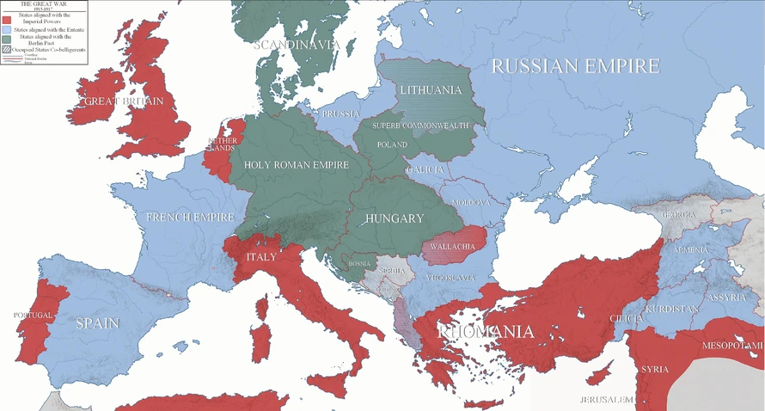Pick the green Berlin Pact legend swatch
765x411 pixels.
(x=6, y=40)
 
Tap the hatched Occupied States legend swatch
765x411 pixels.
(x=6, y=50)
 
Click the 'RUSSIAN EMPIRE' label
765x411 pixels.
(x=575, y=66)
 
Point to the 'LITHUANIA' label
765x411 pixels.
(x=430, y=90)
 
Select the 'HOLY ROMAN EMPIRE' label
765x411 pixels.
(x=296, y=164)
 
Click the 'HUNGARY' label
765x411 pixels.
(x=395, y=218)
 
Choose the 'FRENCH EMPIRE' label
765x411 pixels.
(x=190, y=218)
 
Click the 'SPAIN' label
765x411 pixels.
(x=97, y=323)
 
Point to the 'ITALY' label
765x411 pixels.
(x=261, y=257)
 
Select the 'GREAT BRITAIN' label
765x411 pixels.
(x=125, y=101)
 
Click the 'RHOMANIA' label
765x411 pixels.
(x=486, y=332)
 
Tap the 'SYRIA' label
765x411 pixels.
(x=654, y=370)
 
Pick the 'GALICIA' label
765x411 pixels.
(x=426, y=170)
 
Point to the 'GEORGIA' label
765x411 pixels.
(x=677, y=214)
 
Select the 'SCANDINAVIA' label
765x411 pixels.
(x=297, y=45)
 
